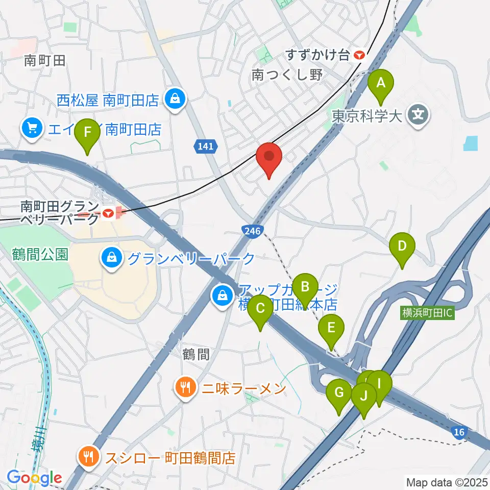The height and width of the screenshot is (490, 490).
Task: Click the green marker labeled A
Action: pyautogui.click(x=380, y=83)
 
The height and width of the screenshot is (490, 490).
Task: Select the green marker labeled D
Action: pyautogui.click(x=402, y=247)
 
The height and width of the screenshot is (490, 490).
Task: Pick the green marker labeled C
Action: pyautogui.click(x=260, y=309)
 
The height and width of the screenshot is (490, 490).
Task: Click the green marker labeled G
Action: pyautogui.click(x=339, y=394)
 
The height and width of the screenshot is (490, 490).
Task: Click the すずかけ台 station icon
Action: pyautogui.click(x=360, y=55)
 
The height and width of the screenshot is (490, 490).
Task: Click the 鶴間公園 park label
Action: pyautogui.click(x=40, y=255)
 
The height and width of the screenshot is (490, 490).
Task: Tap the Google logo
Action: pyautogui.click(x=35, y=478)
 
